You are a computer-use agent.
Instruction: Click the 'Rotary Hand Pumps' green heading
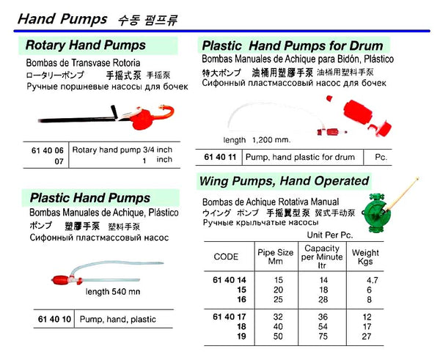pos(95,45)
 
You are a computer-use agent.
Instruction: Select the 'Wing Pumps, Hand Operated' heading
pos(284,180)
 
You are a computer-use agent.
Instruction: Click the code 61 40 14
pos(225,279)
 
